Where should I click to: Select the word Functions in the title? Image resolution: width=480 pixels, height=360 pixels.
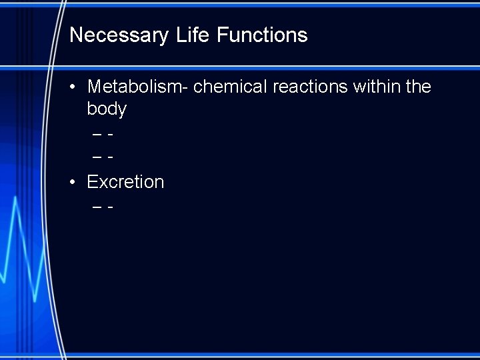click(x=262, y=35)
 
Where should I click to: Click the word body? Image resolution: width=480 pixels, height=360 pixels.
click(x=107, y=109)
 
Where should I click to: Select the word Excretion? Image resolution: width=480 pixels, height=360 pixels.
click(x=125, y=182)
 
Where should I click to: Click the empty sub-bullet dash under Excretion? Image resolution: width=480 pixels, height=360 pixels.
click(x=103, y=207)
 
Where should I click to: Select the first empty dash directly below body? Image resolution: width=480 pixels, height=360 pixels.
click(x=103, y=134)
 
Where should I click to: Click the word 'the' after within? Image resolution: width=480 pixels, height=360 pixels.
click(x=418, y=87)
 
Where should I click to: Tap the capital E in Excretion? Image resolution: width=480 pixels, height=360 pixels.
click(x=93, y=182)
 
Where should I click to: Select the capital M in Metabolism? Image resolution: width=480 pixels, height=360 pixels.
click(x=95, y=87)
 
